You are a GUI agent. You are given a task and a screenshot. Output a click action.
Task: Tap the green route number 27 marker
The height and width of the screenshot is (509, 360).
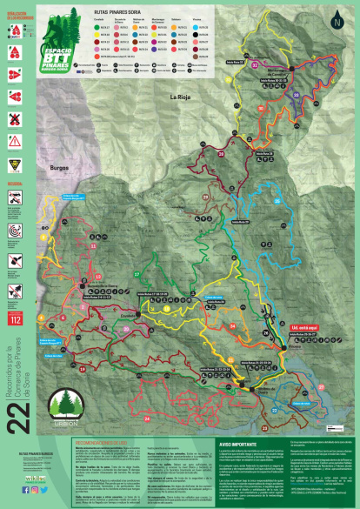[x=137, y=275]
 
